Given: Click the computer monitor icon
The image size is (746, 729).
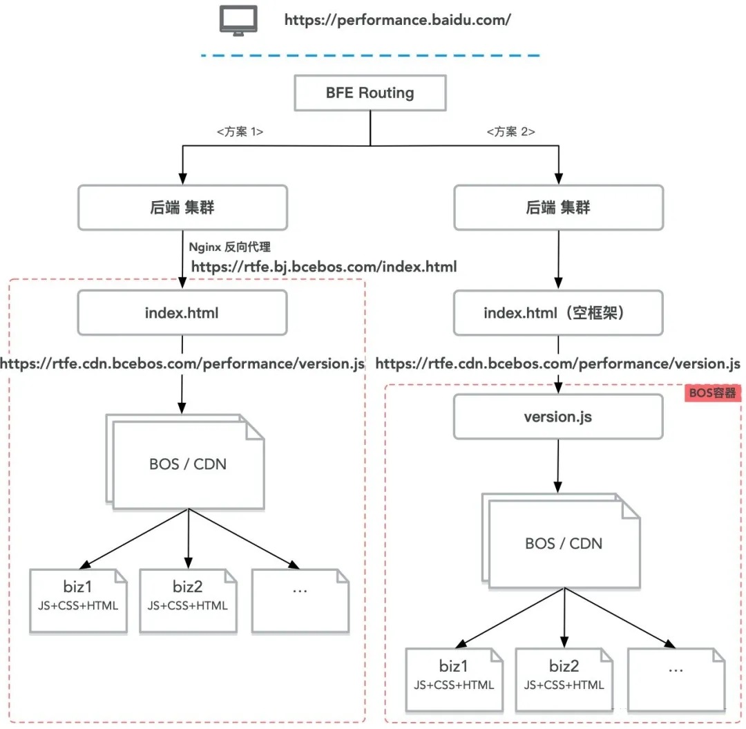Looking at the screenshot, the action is point(238,21).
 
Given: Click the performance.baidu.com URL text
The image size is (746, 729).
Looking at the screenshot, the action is point(398,20).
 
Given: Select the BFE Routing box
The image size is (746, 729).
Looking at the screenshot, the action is point(370,93).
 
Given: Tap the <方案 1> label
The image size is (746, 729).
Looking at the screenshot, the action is point(240,131).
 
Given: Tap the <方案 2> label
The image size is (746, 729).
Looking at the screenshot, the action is point(511,131).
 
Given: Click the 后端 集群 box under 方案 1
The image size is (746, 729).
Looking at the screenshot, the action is point(182,207).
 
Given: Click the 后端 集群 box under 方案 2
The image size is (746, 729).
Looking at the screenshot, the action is point(559,207).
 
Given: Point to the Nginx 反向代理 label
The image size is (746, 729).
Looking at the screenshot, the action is point(230,247).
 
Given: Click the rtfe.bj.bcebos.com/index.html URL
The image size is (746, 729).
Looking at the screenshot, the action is point(324,267).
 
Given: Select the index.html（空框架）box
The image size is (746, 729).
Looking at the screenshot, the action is point(559,312).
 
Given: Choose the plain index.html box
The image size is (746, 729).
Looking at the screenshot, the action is point(182,312).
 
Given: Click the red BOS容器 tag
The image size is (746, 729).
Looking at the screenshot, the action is point(713,393).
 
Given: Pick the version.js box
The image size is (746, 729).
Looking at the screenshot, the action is point(559,417).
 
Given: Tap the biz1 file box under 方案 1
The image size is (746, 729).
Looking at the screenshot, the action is point(79,601).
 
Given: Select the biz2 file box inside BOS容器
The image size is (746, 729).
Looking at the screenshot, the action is point(564,680).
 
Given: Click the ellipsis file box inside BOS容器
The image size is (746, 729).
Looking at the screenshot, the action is point(676,680).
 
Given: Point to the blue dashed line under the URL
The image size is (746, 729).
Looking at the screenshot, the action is point(370,56).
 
